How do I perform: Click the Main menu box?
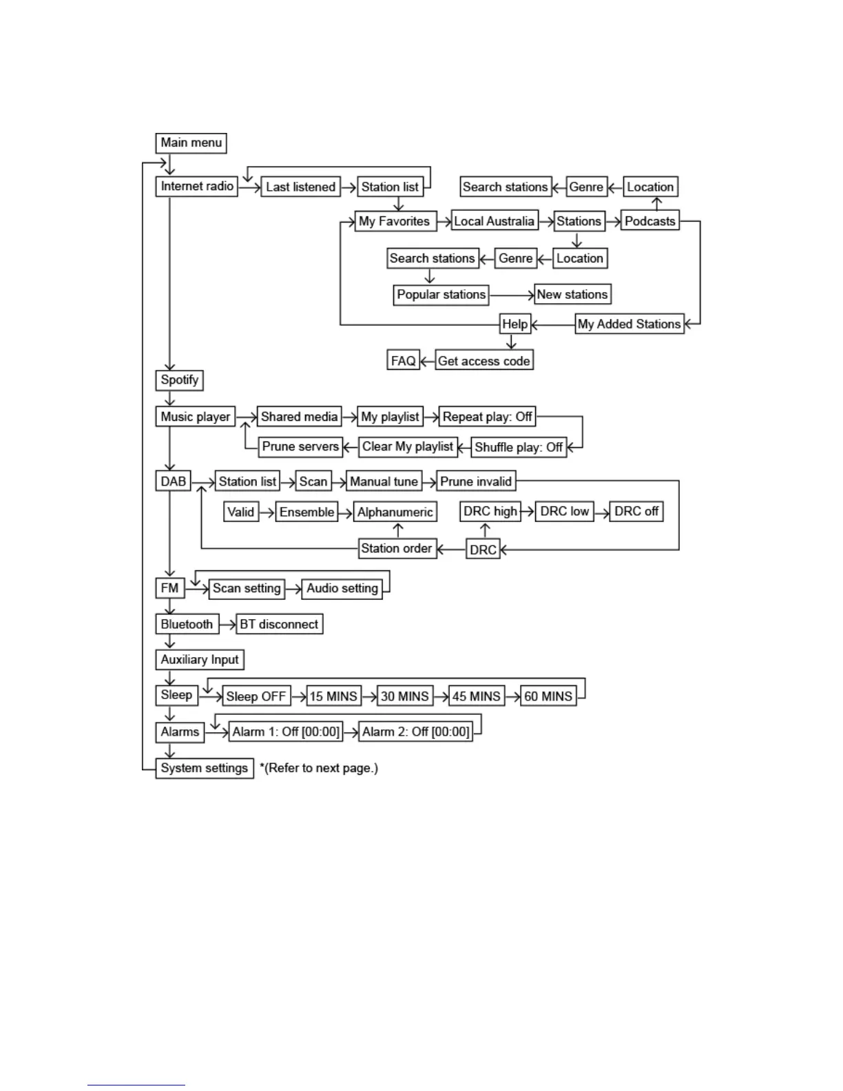(191, 143)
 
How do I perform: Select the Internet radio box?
(197, 186)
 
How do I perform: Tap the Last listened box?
(300, 187)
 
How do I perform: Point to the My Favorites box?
(395, 221)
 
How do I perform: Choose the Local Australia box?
(494, 221)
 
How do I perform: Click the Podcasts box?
(649, 221)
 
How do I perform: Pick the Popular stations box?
(441, 295)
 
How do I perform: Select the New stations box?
(572, 294)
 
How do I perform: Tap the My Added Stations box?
(629, 324)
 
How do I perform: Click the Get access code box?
(483, 361)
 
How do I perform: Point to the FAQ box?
(403, 361)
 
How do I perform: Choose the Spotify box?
(179, 380)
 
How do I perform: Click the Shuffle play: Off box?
(519, 447)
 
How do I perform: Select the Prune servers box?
(300, 446)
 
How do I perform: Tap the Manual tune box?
(384, 481)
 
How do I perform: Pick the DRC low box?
(564, 511)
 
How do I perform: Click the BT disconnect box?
(279, 624)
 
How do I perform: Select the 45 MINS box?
(476, 696)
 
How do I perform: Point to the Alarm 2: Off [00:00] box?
(416, 731)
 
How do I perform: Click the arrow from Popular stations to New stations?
(512, 295)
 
